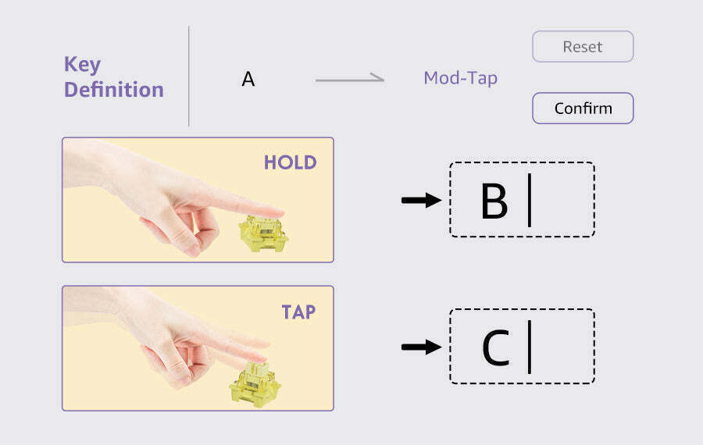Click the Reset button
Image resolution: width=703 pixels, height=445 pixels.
583,47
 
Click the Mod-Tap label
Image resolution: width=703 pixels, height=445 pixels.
460,78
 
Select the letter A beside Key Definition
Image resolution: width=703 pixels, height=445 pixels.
248,80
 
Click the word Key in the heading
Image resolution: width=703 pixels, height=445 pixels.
83,65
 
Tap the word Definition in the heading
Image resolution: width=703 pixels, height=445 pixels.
114,89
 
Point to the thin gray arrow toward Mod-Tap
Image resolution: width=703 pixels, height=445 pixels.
350,79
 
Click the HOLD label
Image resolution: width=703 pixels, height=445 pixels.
290,162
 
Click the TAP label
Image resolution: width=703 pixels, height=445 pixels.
298,312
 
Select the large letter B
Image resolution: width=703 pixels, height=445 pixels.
494,201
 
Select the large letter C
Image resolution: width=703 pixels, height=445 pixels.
496,347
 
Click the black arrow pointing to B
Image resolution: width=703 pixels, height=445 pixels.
422,200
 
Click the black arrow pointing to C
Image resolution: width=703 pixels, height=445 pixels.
422,347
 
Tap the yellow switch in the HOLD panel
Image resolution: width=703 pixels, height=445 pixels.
263,233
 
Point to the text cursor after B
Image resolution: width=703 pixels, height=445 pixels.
530,200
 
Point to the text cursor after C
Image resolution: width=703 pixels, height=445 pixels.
530,347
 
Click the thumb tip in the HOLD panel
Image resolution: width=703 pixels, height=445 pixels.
194,251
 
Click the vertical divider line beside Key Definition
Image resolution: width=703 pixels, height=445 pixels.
189,77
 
